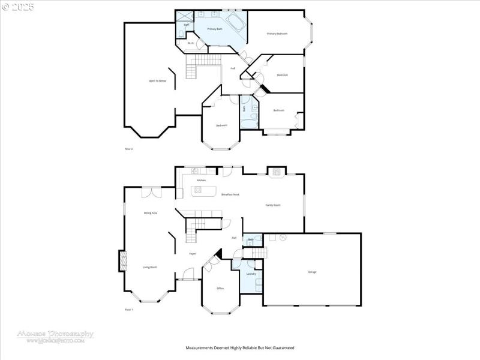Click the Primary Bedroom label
click(277, 34)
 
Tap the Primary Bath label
click(215, 29)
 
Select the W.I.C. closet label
click(190, 43)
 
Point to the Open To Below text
click(157, 80)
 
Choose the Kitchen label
click(202, 180)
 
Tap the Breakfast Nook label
click(230, 194)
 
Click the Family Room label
click(273, 205)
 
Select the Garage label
click(312, 272)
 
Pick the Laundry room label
click(251, 274)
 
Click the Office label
click(220, 289)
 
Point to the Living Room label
click(150, 267)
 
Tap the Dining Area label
click(150, 213)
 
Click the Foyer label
click(193, 254)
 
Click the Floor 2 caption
click(128, 148)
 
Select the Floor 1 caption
click(128, 309)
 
